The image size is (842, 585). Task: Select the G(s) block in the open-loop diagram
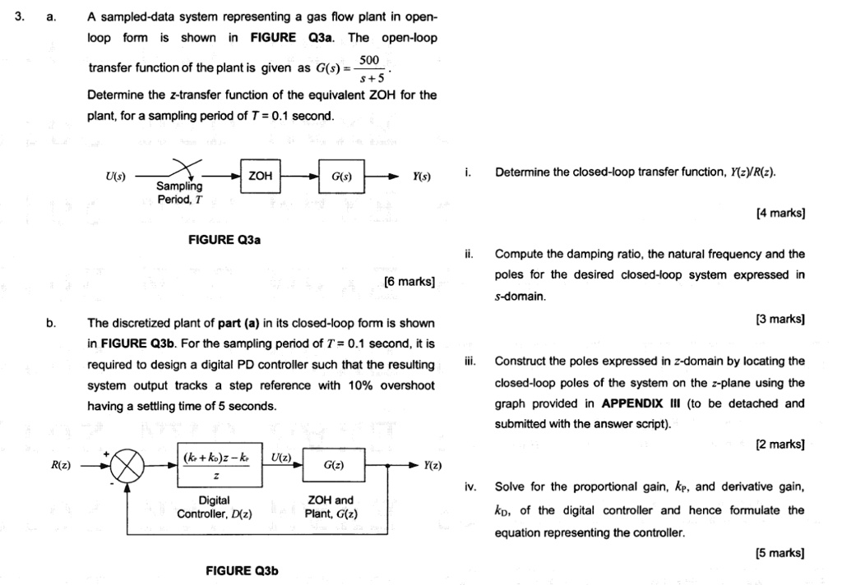pos(341,177)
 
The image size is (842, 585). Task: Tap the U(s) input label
pos(115,177)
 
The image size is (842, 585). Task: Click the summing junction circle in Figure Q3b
pos(127,466)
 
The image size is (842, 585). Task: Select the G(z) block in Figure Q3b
pos(335,466)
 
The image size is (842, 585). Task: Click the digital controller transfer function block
pos(216,466)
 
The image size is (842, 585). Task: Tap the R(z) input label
pos(61,465)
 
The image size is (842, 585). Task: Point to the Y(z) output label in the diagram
pos(433,466)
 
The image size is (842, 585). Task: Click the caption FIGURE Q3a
pos(224,240)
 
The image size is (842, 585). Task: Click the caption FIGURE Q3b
pos(243,570)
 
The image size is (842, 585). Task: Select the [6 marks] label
pos(409,282)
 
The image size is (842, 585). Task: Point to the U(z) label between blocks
pos(281,456)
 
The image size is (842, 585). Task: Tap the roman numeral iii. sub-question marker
pos(470,361)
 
